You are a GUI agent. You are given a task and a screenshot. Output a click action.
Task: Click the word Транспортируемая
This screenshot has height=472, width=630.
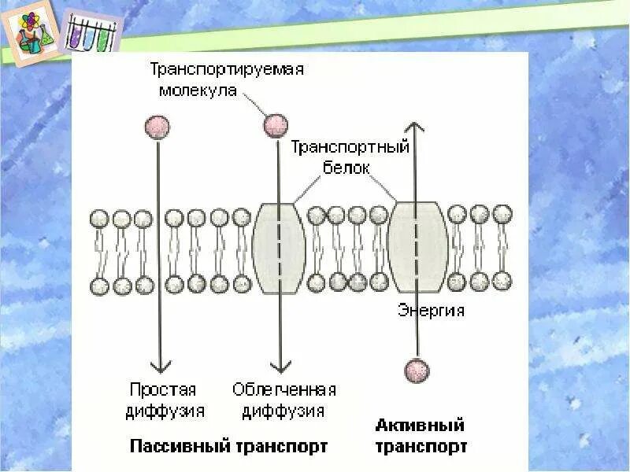click(227, 69)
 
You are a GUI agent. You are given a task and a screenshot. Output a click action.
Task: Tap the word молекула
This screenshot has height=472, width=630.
click(198, 90)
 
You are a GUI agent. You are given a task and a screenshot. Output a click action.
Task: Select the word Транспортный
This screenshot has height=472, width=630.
click(350, 147)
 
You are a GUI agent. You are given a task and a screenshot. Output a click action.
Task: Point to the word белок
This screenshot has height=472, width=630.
click(346, 168)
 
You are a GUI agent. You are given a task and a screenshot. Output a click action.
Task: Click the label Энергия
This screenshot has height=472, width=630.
click(431, 310)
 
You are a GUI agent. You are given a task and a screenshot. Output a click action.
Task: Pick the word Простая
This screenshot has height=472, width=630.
click(162, 389)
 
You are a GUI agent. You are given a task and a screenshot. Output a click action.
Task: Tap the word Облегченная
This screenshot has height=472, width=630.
click(284, 389)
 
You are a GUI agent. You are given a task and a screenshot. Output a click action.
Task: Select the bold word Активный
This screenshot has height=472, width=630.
click(420, 426)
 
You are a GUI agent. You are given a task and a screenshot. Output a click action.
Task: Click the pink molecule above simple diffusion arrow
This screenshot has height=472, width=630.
click(157, 127)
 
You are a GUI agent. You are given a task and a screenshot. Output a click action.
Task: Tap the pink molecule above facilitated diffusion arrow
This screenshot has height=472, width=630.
click(276, 125)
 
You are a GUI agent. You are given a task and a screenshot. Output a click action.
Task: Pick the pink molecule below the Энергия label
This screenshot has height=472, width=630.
click(417, 370)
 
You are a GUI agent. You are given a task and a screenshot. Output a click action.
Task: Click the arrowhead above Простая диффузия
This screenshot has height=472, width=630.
click(161, 366)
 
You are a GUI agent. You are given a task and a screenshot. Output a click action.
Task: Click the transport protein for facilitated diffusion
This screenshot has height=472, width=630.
click(280, 248)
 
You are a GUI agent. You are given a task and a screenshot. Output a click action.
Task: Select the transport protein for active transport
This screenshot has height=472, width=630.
click(418, 248)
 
